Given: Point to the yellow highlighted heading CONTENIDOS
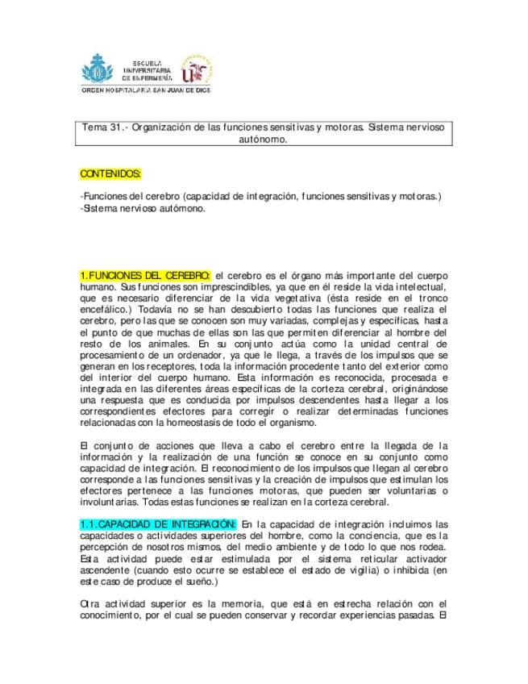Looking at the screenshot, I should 111,173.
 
